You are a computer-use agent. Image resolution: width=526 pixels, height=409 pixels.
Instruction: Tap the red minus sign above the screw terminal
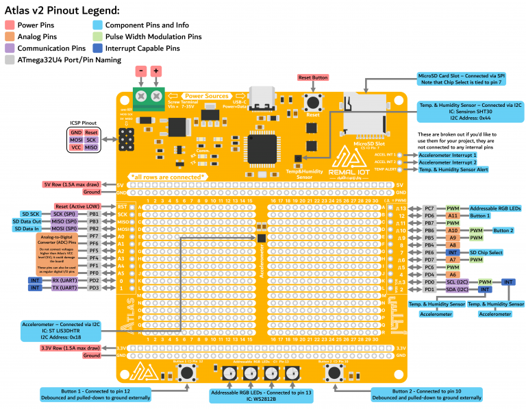140,71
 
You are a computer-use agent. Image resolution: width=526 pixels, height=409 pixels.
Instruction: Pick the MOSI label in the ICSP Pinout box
76,140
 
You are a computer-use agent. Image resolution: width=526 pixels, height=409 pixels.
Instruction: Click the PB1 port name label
94,214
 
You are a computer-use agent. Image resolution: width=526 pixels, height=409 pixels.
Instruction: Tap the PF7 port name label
94,236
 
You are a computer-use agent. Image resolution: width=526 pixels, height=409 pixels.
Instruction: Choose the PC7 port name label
429,208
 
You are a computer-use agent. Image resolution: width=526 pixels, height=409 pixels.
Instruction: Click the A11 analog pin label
453,215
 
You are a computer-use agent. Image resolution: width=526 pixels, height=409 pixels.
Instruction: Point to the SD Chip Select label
486,252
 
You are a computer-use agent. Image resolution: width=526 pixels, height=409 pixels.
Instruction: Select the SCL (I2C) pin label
456,282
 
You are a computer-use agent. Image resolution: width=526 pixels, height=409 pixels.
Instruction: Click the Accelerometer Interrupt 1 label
447,155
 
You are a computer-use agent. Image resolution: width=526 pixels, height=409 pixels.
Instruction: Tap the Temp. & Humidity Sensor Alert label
453,169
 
